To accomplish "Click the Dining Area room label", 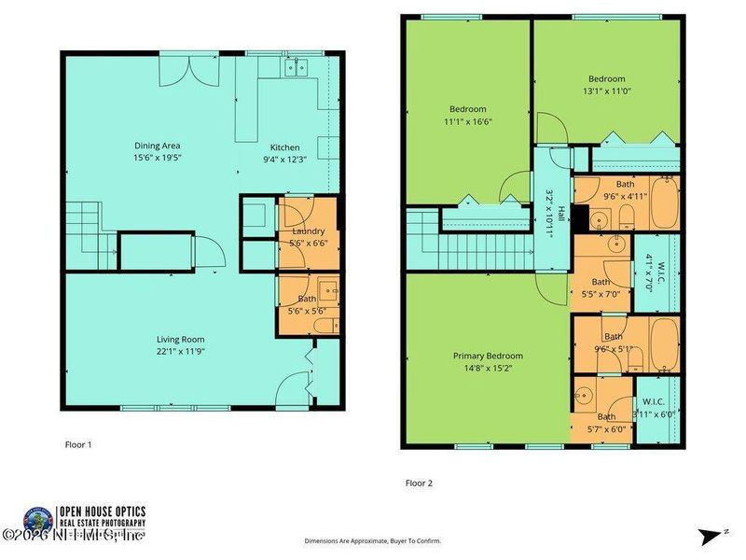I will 158,146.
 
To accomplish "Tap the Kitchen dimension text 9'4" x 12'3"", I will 284,159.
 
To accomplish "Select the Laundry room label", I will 308,231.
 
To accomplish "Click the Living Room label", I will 181,339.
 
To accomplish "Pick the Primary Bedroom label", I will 488,356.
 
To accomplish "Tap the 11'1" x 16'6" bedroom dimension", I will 470,120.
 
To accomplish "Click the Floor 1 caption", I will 77,445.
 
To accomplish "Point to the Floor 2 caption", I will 419,483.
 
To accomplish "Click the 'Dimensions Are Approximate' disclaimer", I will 373,540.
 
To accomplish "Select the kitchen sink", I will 297,66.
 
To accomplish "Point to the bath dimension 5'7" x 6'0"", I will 606,429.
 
